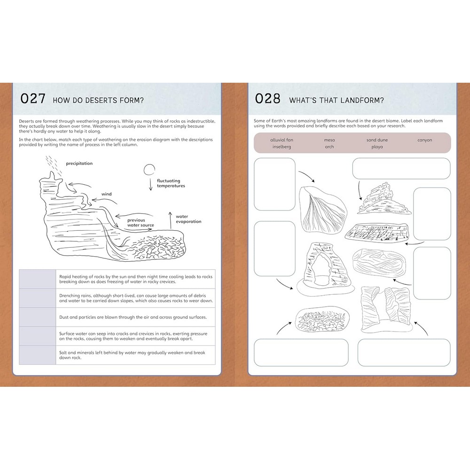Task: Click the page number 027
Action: point(33,99)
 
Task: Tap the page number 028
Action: point(268,99)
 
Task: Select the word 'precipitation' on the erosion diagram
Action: point(79,164)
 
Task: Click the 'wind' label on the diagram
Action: point(106,194)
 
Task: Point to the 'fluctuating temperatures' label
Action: point(171,183)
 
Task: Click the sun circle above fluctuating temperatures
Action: point(149,170)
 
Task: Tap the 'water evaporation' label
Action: point(188,219)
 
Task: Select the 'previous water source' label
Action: point(141,222)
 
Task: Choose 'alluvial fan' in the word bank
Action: point(282,140)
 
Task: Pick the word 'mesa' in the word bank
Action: point(329,140)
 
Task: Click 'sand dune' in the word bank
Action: point(377,140)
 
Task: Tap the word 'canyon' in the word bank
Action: point(425,140)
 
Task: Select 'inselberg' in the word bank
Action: point(282,147)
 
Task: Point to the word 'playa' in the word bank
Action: point(377,147)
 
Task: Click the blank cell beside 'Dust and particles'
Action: point(38,317)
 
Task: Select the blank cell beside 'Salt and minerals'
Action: point(38,355)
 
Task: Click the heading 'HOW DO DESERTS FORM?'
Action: point(98,100)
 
